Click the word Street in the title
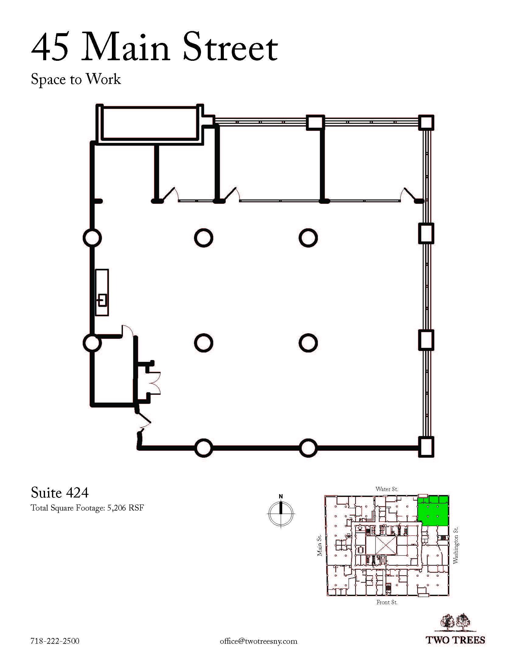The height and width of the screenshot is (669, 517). tap(230, 47)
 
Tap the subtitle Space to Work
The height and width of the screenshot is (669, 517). tap(76, 79)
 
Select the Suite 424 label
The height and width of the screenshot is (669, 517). tap(60, 493)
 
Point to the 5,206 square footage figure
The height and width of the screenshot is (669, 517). tap(116, 508)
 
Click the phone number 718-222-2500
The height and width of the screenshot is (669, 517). tap(55, 641)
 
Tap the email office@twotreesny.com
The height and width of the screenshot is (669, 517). tap(258, 641)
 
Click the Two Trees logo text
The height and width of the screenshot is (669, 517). tap(456, 640)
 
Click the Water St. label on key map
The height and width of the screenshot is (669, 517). tap(387, 489)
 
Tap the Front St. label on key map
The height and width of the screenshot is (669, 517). tap(387, 602)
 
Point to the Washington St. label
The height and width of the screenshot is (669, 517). tap(456, 545)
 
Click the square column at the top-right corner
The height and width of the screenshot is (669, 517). tap(426, 123)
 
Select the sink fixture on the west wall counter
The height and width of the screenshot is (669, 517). tap(102, 300)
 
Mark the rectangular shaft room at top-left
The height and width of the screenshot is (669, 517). tap(149, 123)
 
